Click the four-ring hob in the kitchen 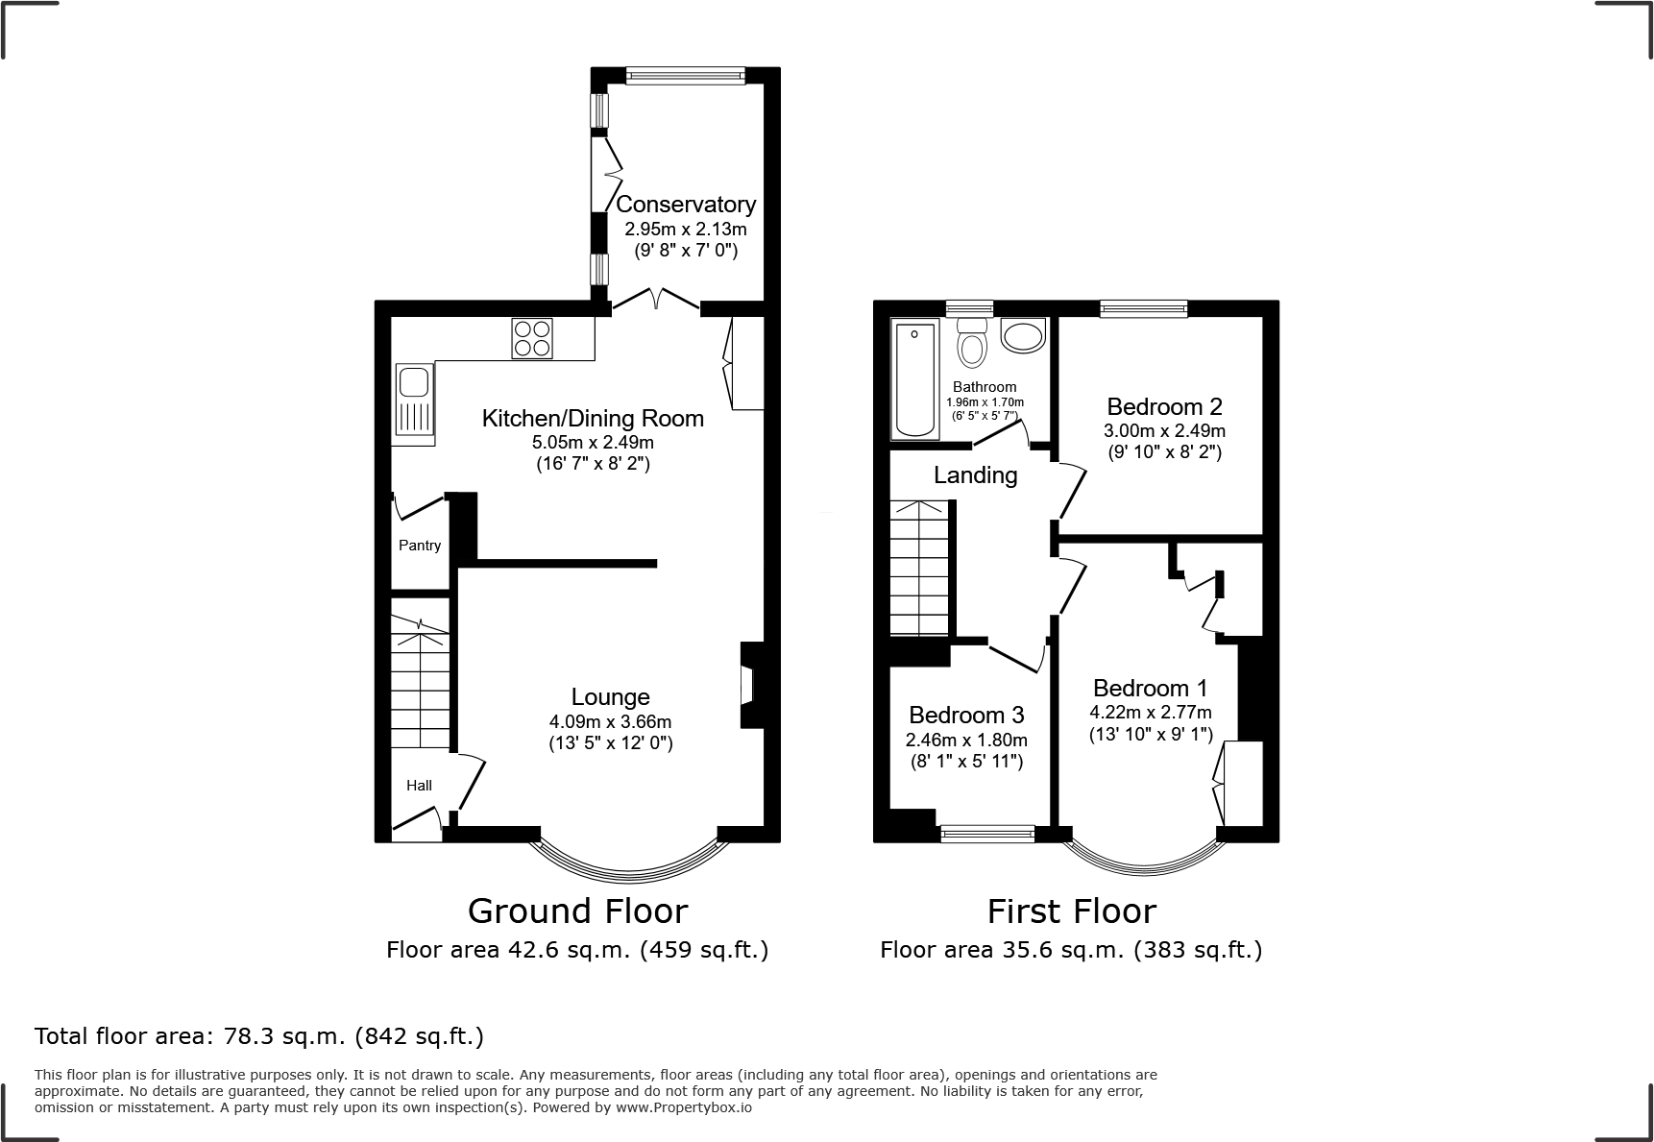(532, 338)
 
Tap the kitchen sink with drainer (415, 403)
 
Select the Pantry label (420, 546)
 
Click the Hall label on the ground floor (419, 786)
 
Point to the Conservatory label (686, 205)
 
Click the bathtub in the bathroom (914, 379)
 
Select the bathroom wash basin (1021, 335)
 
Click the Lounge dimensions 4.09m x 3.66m (610, 721)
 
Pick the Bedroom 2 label (1164, 406)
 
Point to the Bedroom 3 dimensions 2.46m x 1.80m (966, 740)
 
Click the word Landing (975, 475)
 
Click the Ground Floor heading (577, 911)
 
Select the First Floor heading (1071, 911)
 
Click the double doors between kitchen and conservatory (656, 301)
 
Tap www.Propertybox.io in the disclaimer (684, 1107)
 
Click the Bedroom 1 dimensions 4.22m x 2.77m (1150, 713)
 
